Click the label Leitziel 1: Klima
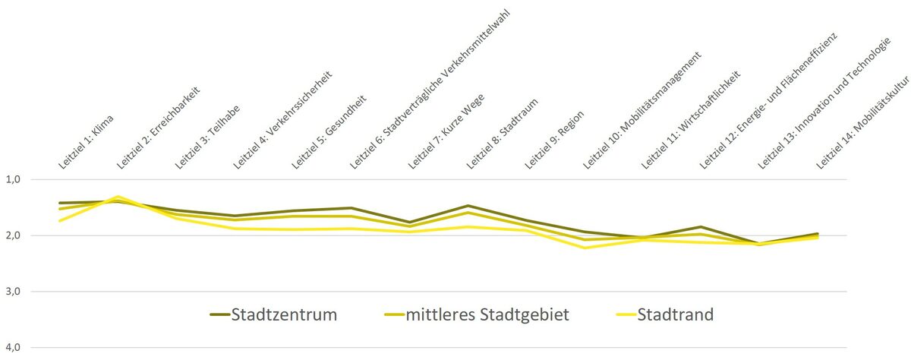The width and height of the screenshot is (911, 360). [86, 142]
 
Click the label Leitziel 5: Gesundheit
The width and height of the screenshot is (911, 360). [328, 132]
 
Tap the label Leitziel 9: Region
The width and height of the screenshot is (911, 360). [554, 139]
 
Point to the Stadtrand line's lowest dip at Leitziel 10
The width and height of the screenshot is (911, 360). [585, 248]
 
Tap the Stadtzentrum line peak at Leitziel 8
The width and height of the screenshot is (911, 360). [468, 206]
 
